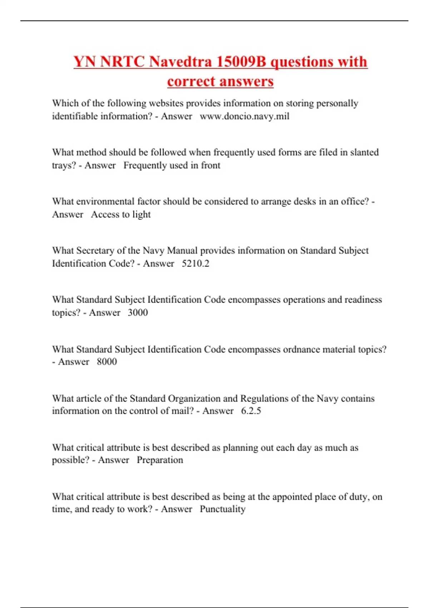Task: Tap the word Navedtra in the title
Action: coord(181,62)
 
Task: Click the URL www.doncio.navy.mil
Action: coord(245,116)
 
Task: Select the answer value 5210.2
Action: coord(196,264)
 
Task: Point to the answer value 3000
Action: coord(138,313)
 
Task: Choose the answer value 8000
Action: coord(107,362)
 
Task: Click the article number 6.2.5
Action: coord(251,411)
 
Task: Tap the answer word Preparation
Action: coord(160,460)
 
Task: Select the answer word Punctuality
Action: coord(222,509)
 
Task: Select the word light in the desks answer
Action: coord(142,215)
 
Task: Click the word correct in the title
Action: coord(190,81)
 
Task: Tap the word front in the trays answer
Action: coord(211,165)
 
